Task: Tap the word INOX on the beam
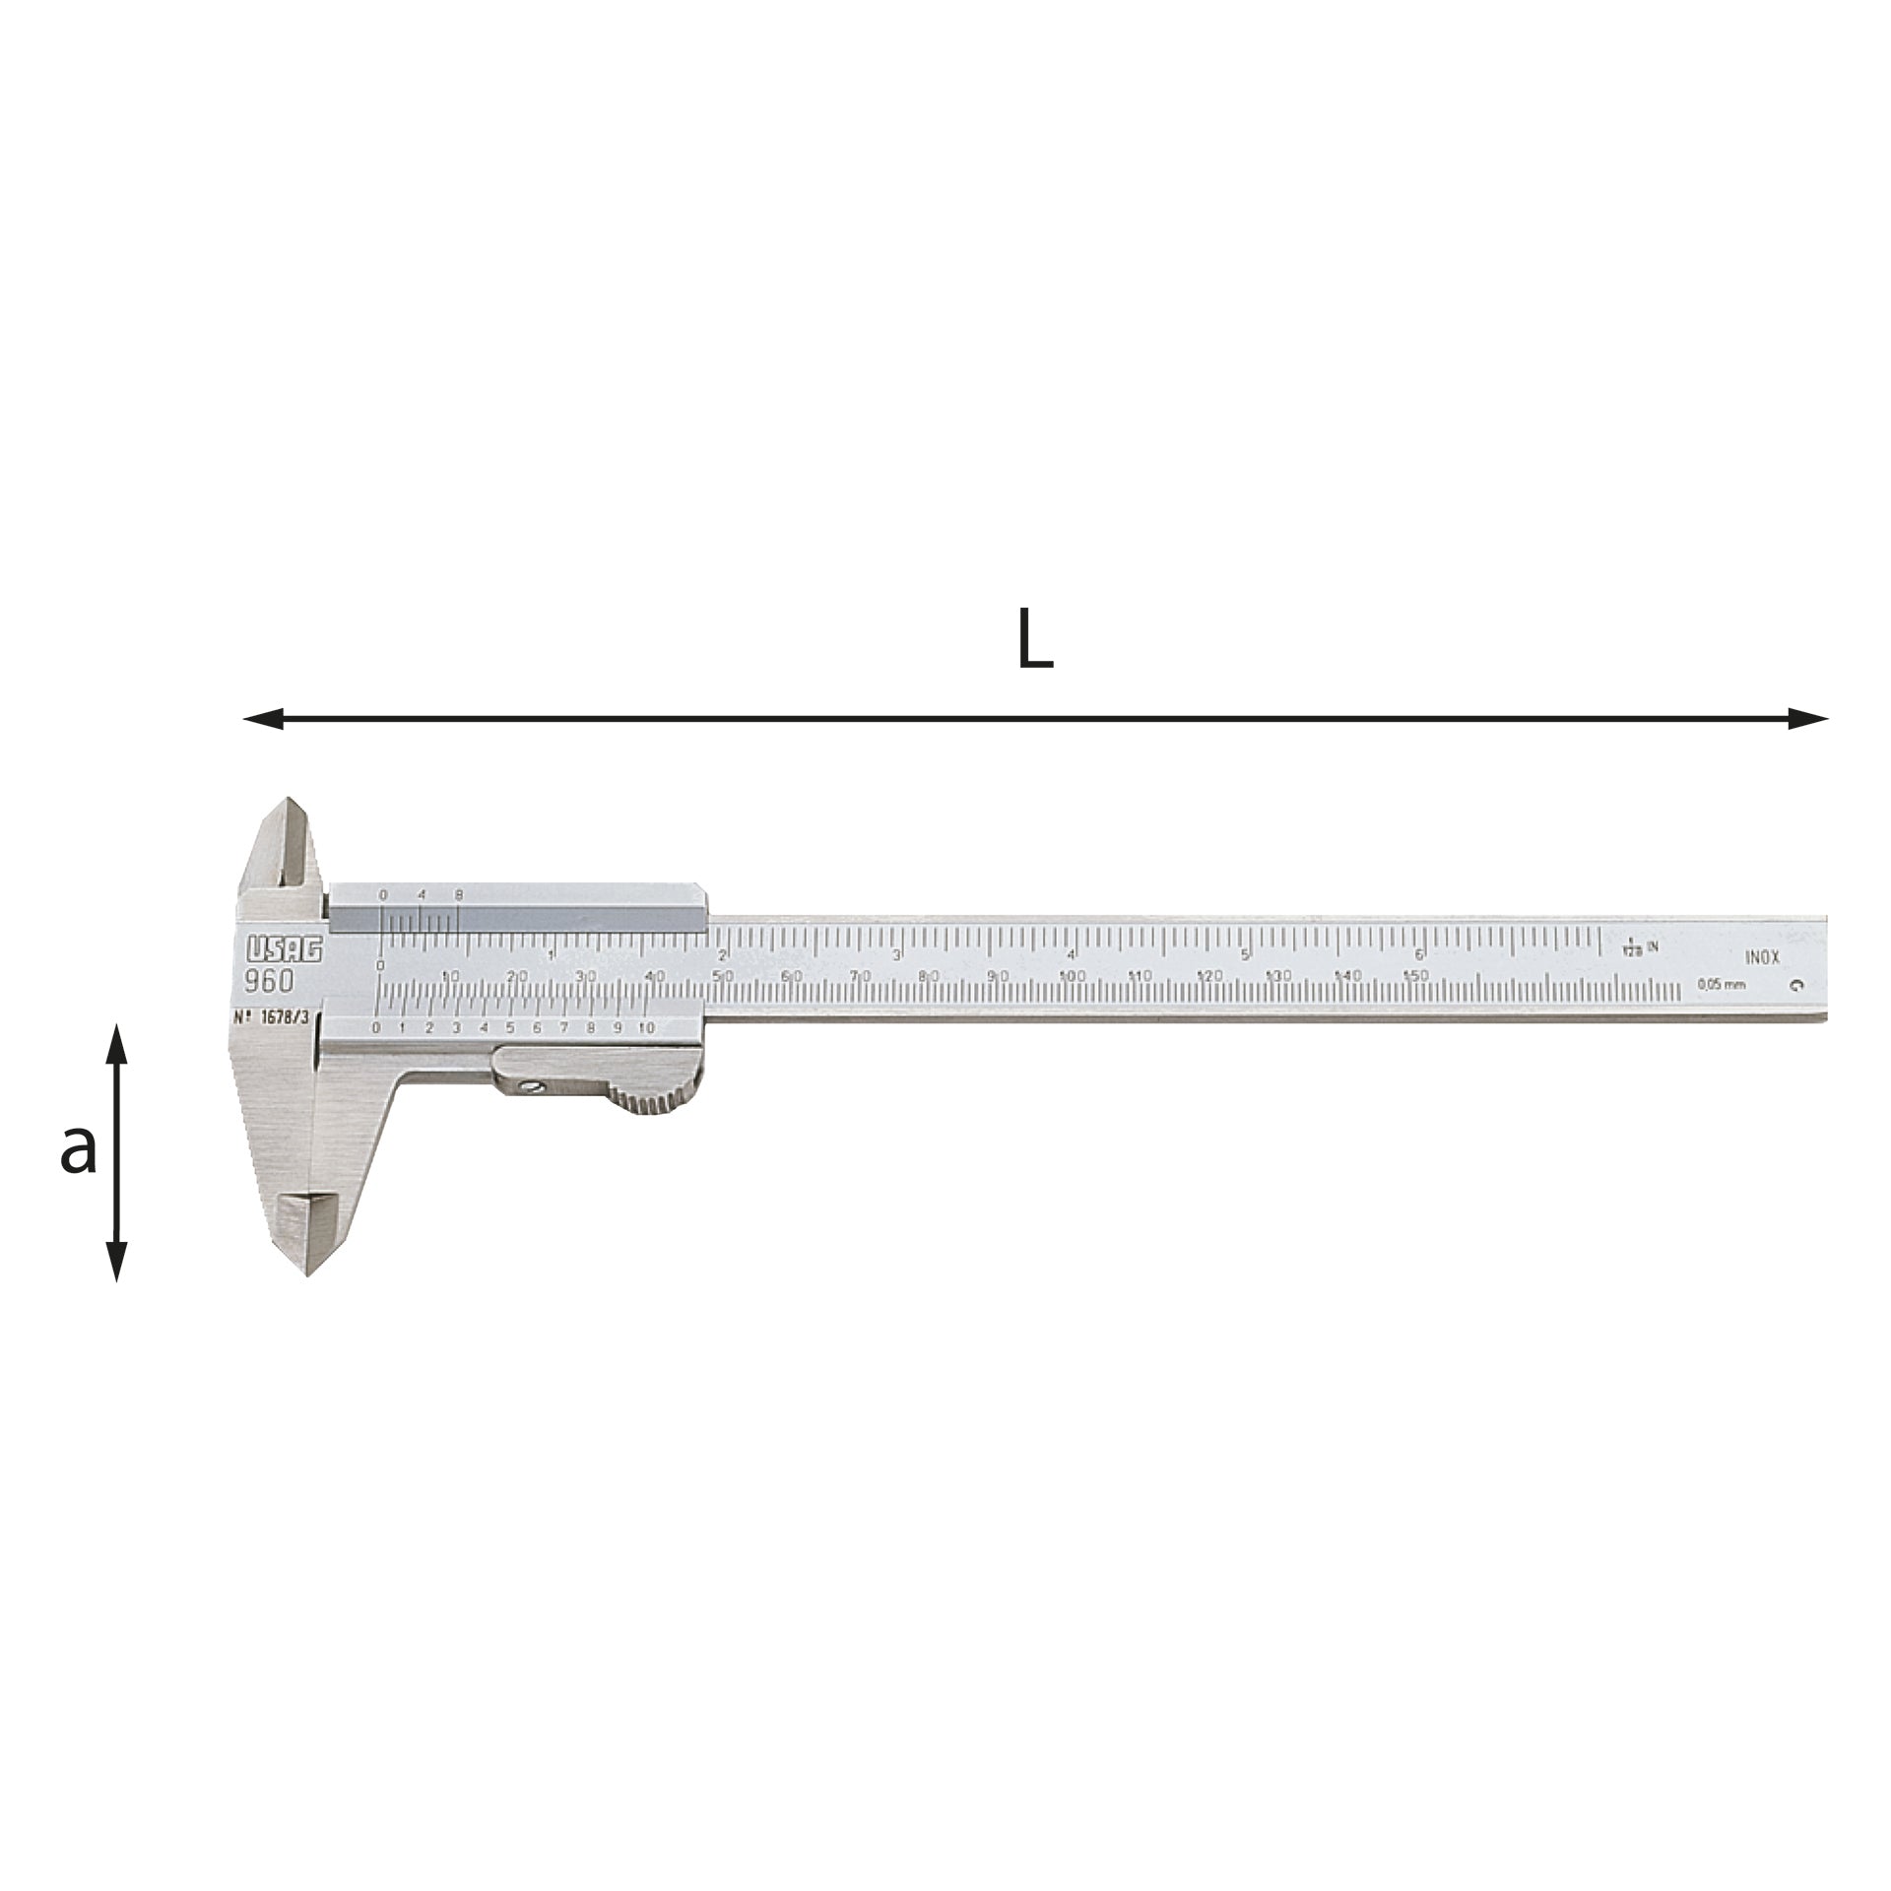tap(1762, 956)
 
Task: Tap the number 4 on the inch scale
tap(1071, 953)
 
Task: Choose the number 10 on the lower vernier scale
tap(646, 1027)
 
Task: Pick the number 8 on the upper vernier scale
tap(458, 894)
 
